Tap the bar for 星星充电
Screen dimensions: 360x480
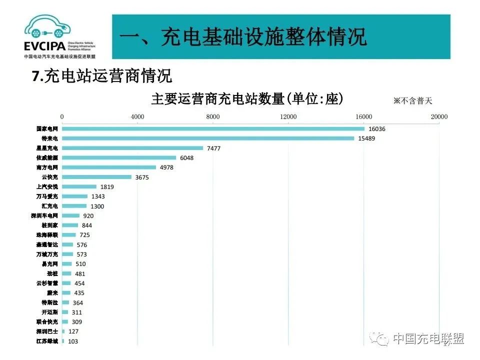click(132, 148)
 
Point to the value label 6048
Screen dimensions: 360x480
click(186, 158)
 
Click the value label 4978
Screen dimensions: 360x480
click(166, 167)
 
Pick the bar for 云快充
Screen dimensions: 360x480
click(96, 177)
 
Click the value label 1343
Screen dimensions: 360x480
click(97, 196)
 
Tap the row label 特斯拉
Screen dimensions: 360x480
click(50, 302)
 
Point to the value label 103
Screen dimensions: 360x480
click(73, 341)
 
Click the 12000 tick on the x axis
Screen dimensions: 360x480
click(288, 117)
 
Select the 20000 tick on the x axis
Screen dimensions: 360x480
click(439, 117)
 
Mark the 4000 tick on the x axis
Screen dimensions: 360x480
click(137, 117)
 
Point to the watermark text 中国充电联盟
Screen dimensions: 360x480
click(428, 338)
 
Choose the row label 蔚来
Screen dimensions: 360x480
click(52, 293)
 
